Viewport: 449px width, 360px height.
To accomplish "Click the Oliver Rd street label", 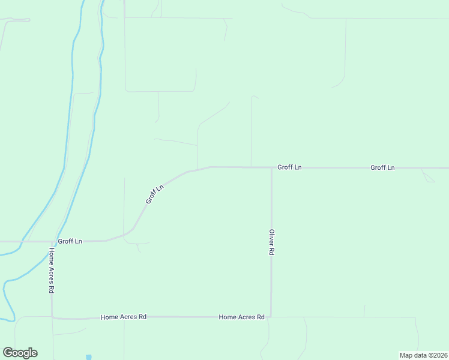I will click(271, 243).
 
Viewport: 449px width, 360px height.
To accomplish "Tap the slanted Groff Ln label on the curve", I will click(154, 194).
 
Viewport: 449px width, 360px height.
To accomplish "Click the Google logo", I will click(20, 352).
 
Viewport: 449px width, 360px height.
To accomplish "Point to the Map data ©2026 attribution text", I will click(423, 355).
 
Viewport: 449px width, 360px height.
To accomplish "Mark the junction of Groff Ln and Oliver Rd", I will click(271, 168).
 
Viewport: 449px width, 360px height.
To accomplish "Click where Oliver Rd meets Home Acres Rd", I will click(271, 316).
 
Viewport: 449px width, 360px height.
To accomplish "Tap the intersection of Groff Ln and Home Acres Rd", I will click(52, 241).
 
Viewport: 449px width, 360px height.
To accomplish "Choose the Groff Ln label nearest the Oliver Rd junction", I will click(289, 167).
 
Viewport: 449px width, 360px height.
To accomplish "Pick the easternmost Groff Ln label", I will click(382, 167).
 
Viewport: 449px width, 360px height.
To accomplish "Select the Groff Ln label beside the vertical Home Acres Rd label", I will click(70, 241).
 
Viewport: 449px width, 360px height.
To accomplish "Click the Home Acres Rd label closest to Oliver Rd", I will click(241, 317).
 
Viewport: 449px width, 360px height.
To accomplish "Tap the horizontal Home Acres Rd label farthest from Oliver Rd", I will click(124, 316).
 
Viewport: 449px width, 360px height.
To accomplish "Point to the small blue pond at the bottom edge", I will click(89, 357).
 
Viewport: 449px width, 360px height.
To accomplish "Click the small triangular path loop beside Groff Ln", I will click(427, 177).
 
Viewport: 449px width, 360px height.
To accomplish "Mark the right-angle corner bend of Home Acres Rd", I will click(52, 317).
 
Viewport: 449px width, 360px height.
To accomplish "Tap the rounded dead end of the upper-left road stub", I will click(28, 20).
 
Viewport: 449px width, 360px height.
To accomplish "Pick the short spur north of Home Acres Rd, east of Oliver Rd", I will click(364, 310).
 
